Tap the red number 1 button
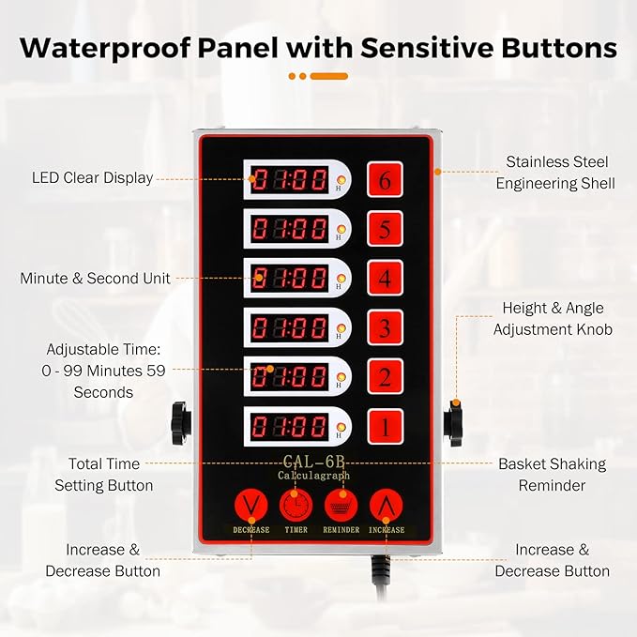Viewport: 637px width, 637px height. click(386, 427)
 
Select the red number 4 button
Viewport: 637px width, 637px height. click(386, 278)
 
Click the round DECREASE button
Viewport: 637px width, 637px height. click(251, 506)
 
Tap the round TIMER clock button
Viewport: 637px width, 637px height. click(296, 506)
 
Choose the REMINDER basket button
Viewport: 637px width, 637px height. click(341, 506)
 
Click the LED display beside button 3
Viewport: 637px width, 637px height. click(289, 327)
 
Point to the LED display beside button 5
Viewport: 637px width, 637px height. click(289, 228)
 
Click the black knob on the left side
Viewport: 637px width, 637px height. click(181, 423)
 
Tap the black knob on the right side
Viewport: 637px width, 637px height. click(452, 423)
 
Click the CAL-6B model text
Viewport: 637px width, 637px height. click(313, 462)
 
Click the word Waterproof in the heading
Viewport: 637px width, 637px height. click(106, 49)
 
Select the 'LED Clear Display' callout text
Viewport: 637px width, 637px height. click(93, 177)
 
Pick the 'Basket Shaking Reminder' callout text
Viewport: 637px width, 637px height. click(552, 475)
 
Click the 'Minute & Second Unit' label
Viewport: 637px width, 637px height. click(95, 279)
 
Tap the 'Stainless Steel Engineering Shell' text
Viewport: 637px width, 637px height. click(555, 173)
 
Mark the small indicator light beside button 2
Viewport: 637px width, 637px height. click(341, 377)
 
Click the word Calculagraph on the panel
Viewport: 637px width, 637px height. click(313, 476)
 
